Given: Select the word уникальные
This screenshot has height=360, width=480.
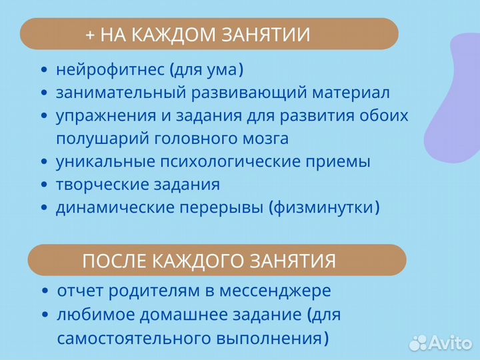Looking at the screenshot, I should click(101, 162).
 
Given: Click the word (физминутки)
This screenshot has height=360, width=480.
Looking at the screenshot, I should click(325, 207).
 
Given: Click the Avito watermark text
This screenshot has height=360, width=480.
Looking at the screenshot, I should click(452, 342).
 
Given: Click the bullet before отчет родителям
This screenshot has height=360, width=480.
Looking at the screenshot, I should click(45, 292).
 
